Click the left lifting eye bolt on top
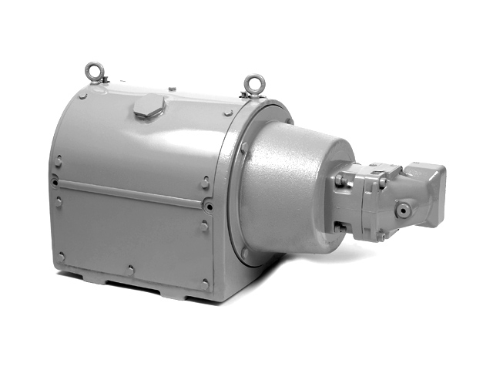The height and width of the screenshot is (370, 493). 94,72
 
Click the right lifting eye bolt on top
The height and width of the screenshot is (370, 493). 254,82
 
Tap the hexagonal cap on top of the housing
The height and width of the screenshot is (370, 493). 149,108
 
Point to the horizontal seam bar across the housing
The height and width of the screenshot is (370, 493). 131,194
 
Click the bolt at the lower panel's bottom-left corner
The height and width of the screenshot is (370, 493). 61,256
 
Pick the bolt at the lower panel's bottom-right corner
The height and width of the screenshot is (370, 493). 204,284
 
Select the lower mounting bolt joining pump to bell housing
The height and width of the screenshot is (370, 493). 340,227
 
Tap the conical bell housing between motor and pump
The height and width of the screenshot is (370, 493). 293,193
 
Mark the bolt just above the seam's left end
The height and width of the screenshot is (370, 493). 59,161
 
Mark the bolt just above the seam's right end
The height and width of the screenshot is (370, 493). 205,183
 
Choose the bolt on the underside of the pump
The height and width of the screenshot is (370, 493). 380,236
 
